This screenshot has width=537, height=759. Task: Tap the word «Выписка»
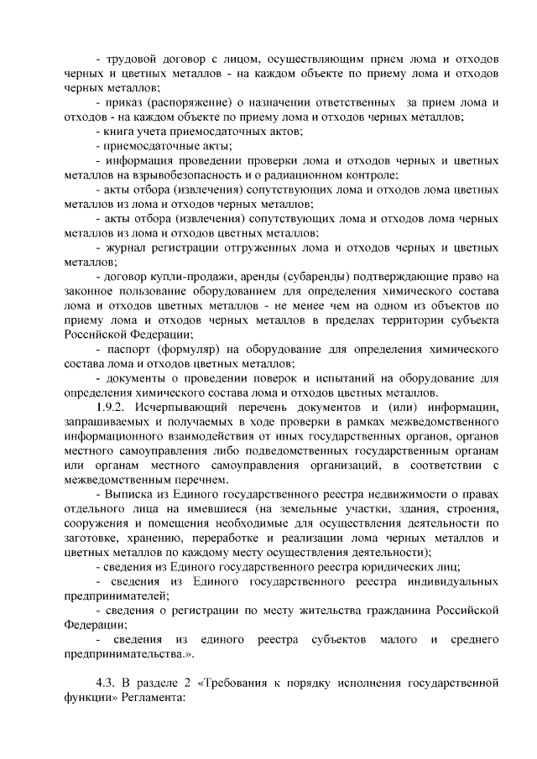(x=130, y=494)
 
